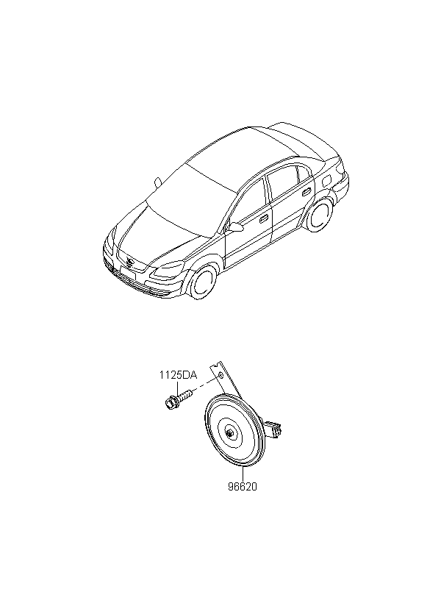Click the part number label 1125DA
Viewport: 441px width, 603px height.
179,375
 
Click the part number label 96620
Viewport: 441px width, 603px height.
242,486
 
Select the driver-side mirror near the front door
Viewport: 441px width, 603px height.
235,227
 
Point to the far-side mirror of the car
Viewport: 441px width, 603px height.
157,181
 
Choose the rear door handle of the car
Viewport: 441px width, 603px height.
304,193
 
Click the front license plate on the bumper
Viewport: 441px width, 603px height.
125,278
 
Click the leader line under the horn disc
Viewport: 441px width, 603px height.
242,474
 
